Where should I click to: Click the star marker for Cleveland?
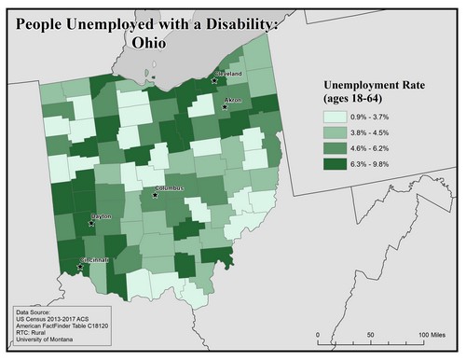tap(214, 80)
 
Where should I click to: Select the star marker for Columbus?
tap(156, 195)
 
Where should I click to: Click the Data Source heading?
tap(36, 312)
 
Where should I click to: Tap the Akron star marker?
tap(225, 107)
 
